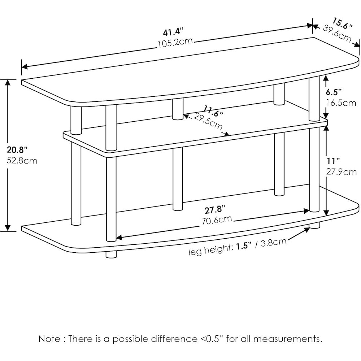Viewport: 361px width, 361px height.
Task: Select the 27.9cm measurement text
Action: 341,171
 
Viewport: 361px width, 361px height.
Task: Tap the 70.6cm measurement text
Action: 217,220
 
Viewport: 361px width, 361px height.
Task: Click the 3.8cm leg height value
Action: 271,243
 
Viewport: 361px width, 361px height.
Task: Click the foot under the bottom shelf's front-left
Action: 111,255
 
